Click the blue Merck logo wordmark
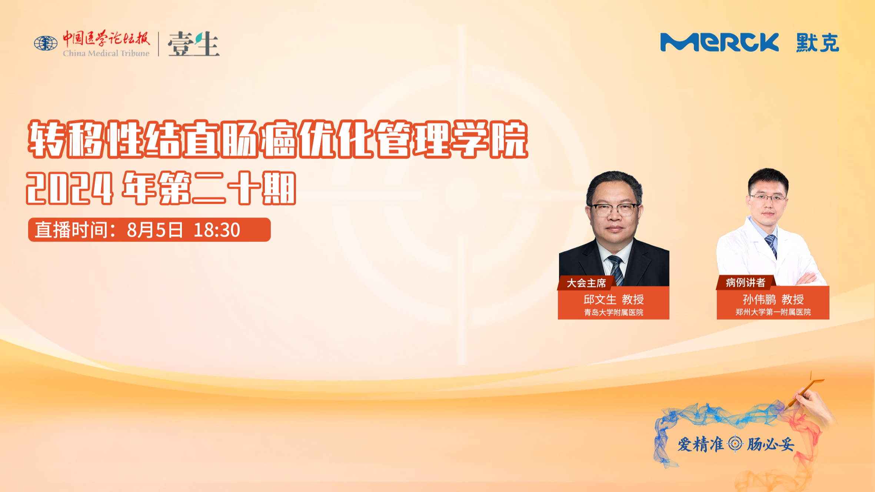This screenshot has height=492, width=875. [x=719, y=42]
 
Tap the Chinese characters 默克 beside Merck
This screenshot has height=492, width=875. [x=818, y=43]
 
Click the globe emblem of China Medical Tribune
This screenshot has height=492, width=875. [x=46, y=43]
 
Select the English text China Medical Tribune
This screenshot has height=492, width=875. [x=106, y=53]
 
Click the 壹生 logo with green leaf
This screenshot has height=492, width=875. [x=193, y=44]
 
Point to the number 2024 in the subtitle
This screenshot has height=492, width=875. [x=69, y=188]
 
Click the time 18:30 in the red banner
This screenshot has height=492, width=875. [x=217, y=230]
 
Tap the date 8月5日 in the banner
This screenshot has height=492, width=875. [x=155, y=230]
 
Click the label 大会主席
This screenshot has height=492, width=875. [x=586, y=283]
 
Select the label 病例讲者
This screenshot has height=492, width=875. [x=745, y=283]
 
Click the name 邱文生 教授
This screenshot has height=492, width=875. [x=614, y=299]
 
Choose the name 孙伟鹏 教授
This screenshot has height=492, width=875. [x=773, y=299]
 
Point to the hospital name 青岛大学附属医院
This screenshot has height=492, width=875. [x=614, y=312]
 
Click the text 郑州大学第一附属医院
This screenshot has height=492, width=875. [x=773, y=312]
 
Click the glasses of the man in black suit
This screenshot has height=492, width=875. [x=614, y=210]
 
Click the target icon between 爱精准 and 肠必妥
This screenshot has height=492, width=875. [x=735, y=444]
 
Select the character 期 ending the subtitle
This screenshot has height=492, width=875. [x=279, y=188]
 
